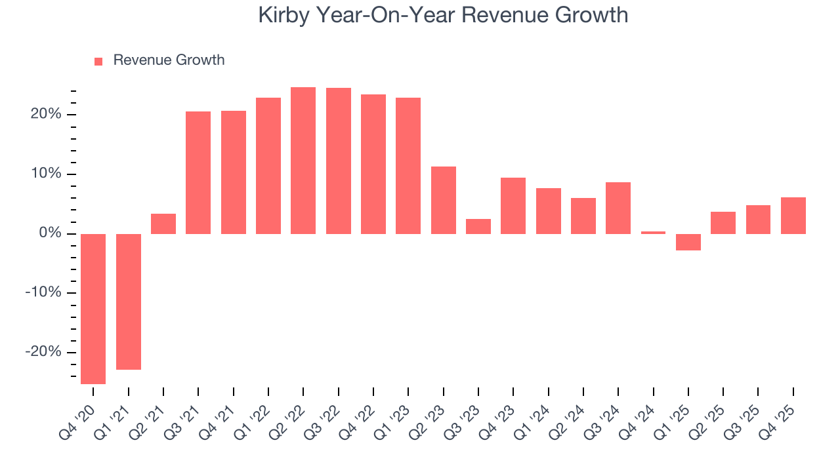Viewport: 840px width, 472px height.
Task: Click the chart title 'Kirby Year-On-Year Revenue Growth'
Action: pyautogui.click(x=443, y=15)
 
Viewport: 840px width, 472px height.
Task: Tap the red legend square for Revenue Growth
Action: pyautogui.click(x=98, y=61)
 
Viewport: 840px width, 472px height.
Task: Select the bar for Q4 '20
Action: pyautogui.click(x=93, y=309)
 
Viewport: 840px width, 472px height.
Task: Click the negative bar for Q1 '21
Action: pyautogui.click(x=129, y=302)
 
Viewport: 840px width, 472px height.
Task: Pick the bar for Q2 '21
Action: pyautogui.click(x=163, y=224)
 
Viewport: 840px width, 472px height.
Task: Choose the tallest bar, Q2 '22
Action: pyautogui.click(x=303, y=161)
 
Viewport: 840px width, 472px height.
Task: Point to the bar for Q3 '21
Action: pyautogui.click(x=198, y=172)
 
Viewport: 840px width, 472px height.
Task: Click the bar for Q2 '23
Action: pyautogui.click(x=444, y=200)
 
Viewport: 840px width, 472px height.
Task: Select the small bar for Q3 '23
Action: pyautogui.click(x=478, y=226)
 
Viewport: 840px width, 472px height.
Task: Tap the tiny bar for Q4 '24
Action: pyautogui.click(x=653, y=232)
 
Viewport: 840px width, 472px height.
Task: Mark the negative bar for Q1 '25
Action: pyautogui.click(x=688, y=242)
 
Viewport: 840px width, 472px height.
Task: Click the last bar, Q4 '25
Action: pyautogui.click(x=793, y=216)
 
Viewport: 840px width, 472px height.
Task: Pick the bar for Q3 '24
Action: pyautogui.click(x=618, y=208)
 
